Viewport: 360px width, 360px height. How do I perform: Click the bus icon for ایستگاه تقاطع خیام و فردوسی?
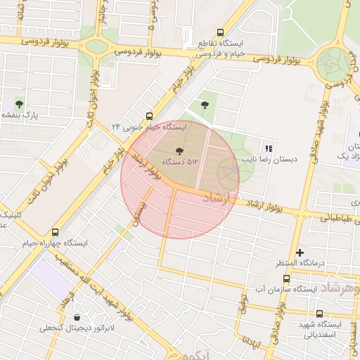click(x=221, y=32)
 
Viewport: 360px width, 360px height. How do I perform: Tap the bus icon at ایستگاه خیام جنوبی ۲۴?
click(x=148, y=116)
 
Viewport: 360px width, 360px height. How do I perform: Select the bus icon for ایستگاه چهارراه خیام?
click(x=56, y=232)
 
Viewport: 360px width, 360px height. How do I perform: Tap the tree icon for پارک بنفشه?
click(x=19, y=104)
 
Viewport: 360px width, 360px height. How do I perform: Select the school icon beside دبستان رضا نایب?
click(x=268, y=148)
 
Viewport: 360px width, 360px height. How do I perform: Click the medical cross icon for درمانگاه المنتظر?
click(x=300, y=252)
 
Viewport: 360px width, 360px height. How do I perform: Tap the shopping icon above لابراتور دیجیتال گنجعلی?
click(x=77, y=317)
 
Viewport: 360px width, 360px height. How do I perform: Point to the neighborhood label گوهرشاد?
click(x=340, y=289)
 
